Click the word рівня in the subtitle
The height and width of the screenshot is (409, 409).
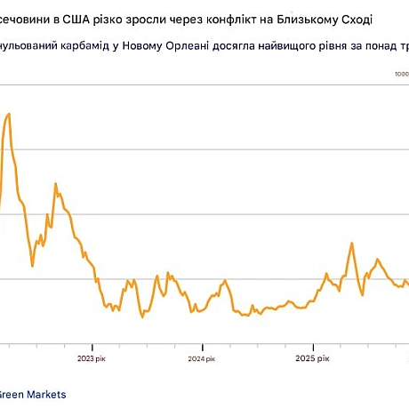[x=342, y=49]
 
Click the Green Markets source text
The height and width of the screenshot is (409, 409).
[x=33, y=394]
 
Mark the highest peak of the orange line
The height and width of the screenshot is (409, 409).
[x=9, y=114]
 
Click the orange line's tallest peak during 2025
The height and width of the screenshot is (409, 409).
[x=352, y=243]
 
